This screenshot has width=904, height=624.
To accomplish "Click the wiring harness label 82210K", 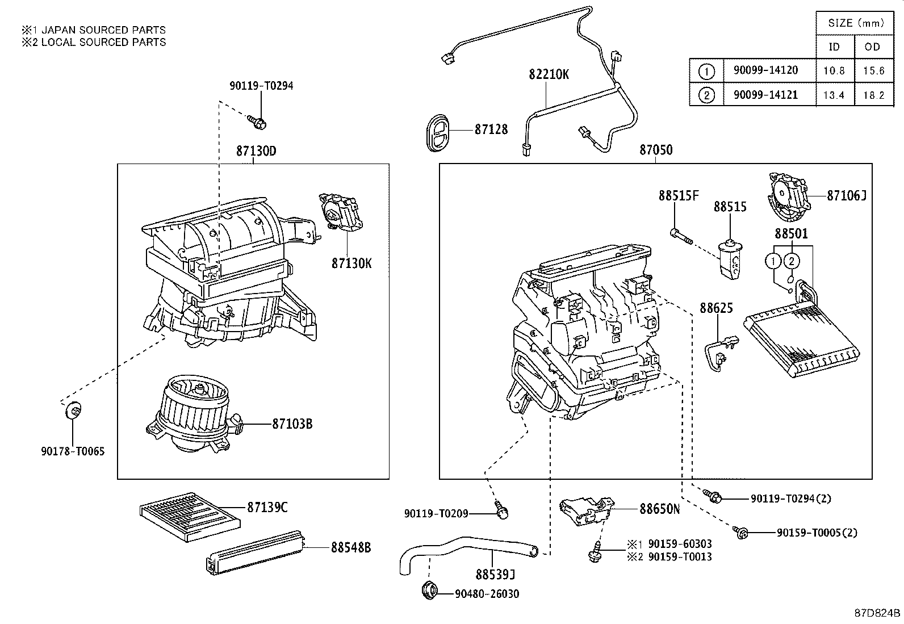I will click(549, 74).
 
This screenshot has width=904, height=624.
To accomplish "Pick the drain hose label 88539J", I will click(495, 575).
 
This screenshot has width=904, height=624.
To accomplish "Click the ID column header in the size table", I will click(834, 47).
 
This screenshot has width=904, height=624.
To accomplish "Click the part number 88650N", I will click(659, 509).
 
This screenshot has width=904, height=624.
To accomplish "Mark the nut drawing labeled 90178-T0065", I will click(73, 409).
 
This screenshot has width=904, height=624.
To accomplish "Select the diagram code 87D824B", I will click(877, 613).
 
